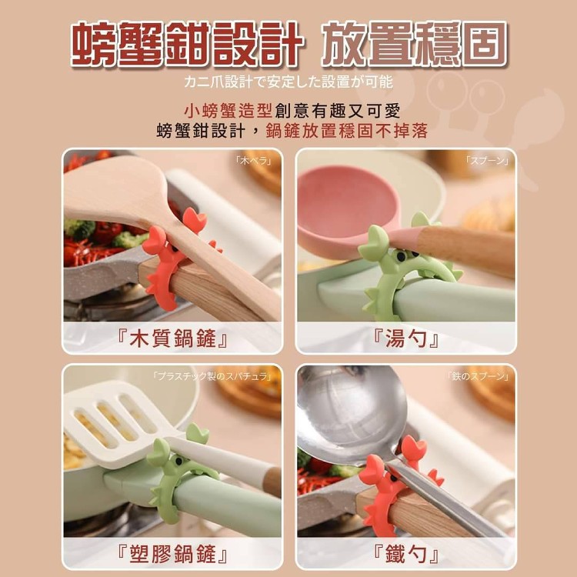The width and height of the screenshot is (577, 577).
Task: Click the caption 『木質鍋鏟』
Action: coord(172,338)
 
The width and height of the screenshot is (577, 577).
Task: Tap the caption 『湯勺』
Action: coord(406,338)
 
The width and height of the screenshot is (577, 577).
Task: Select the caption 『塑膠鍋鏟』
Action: coord(172,554)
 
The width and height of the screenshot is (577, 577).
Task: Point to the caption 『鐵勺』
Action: coord(406,554)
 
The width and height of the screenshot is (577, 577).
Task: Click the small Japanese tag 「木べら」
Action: coord(255,161)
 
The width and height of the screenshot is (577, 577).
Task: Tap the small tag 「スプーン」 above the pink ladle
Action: coord(487,161)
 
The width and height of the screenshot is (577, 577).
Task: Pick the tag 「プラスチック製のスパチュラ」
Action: coord(212,376)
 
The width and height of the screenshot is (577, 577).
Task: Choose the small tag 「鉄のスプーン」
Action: coord(478,376)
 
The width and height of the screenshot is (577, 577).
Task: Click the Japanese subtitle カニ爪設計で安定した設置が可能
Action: coord(288,82)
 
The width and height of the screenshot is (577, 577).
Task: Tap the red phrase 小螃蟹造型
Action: coord(228,110)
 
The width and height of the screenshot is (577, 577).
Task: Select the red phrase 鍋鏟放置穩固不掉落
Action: coord(347,131)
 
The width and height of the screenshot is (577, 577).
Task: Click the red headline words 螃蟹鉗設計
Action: coord(187,43)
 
